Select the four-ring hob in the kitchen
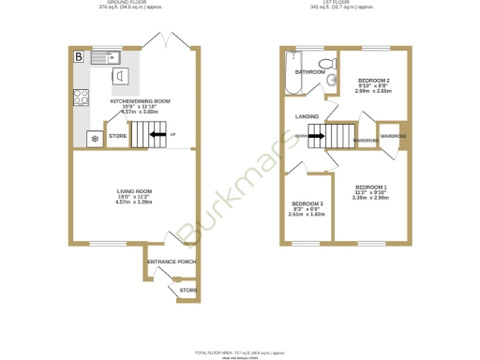pyautogui.click(x=81, y=95)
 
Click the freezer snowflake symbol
pyautogui.click(x=94, y=139)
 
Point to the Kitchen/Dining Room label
pyautogui.click(x=140, y=101)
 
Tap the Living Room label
pyautogui.click(x=134, y=194)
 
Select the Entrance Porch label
pyautogui.click(x=172, y=262)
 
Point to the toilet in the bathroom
pyautogui.click(x=325, y=64)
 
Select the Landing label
pyautogui.click(x=307, y=116)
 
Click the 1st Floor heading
pyautogui.click(x=344, y=3)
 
